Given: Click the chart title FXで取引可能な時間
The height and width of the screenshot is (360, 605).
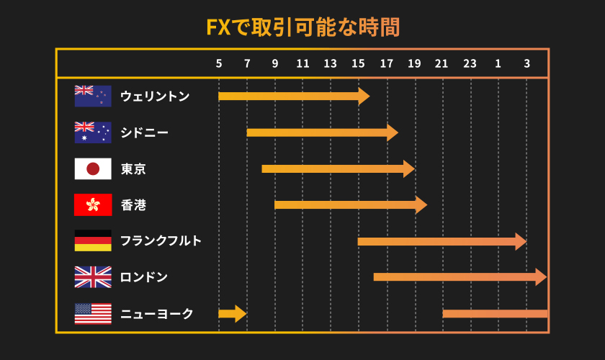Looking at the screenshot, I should (302, 27).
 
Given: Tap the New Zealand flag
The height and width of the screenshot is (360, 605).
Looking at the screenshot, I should (93, 96).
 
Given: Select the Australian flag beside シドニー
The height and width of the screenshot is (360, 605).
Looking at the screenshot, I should (93, 132).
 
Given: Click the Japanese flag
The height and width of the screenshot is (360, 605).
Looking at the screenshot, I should (93, 168).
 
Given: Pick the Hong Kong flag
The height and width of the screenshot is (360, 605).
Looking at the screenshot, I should (93, 205).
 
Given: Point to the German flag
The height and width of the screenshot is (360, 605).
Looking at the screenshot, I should (93, 240).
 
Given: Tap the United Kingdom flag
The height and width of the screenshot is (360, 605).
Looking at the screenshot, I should (93, 277).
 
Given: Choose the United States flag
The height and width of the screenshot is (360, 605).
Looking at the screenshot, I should (93, 313).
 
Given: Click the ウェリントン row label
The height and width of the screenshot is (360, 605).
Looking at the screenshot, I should (155, 96).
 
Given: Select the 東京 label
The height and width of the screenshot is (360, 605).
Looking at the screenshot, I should (133, 169).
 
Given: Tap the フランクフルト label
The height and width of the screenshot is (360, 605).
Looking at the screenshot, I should (161, 241).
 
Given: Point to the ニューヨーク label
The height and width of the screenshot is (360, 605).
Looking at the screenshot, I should (156, 314).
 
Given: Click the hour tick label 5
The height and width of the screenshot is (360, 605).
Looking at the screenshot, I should (219, 63).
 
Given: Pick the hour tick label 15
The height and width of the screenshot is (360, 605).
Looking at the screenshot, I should (358, 63).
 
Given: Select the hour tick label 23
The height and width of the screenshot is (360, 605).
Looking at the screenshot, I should (470, 63).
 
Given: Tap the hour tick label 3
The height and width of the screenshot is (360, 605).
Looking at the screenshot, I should (526, 63).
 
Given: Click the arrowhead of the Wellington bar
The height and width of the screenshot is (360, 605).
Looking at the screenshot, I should (364, 96).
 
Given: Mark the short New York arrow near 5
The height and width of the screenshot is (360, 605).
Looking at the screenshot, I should (232, 313).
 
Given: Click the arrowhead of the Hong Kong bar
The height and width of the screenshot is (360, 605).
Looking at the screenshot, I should (421, 204).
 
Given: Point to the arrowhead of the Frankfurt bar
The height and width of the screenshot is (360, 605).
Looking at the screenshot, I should (521, 241).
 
